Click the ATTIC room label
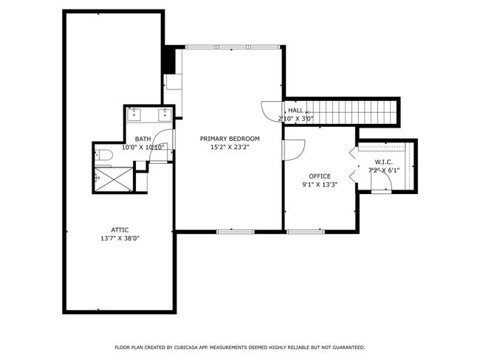pos(120,230)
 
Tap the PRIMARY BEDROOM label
pos(230,139)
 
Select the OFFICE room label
pos(320,176)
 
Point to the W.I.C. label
pos(384,162)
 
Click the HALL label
pos(295,111)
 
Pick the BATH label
pos(143,139)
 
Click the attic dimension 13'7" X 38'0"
pos(120,238)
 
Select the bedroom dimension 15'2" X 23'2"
pos(230,147)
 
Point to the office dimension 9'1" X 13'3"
pos(320,184)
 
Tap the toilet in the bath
pos(103,155)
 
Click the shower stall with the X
pos(114,179)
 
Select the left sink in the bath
pos(134,114)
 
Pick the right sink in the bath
pos(165,114)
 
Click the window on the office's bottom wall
pos(306,232)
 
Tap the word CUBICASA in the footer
pos(186,347)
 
